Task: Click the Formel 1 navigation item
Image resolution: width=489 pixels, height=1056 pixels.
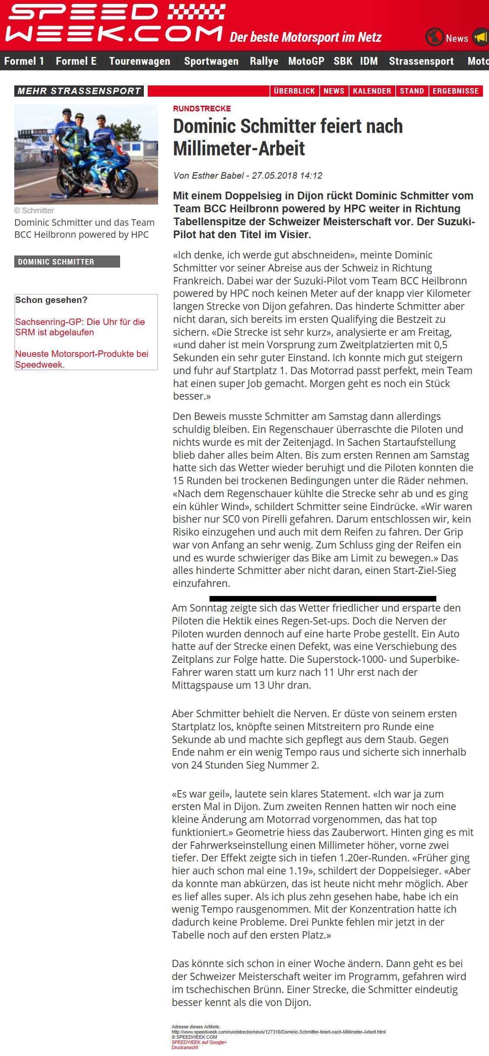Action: (x=24, y=61)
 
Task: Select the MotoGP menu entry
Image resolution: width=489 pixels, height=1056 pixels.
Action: (x=306, y=61)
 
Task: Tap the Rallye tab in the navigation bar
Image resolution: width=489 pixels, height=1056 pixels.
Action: (x=264, y=61)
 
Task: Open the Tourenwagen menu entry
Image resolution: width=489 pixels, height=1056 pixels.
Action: (x=140, y=61)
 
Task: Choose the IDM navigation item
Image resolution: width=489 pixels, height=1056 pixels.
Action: (x=369, y=61)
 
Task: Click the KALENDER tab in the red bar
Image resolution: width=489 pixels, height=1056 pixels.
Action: (x=372, y=91)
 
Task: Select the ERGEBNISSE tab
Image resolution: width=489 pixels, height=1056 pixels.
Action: (x=456, y=91)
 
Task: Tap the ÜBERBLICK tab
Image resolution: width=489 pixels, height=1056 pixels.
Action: (x=294, y=91)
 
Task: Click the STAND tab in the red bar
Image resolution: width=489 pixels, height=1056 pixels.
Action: (x=412, y=91)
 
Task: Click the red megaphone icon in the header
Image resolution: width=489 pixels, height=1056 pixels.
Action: (x=481, y=38)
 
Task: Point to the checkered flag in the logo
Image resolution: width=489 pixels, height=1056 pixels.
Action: (x=197, y=12)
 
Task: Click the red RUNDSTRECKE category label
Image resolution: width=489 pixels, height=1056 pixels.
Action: (x=202, y=109)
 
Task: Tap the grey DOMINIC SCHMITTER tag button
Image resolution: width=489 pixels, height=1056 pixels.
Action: (x=67, y=262)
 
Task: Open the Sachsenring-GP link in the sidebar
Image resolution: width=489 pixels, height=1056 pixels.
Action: (x=80, y=327)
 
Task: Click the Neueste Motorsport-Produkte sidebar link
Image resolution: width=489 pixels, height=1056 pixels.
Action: (x=82, y=359)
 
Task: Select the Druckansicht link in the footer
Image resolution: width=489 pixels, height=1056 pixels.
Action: (x=185, y=1047)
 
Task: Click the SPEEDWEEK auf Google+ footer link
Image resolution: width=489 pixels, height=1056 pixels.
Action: (x=199, y=1042)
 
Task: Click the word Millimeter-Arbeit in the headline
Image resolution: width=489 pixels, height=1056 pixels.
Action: (x=239, y=149)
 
